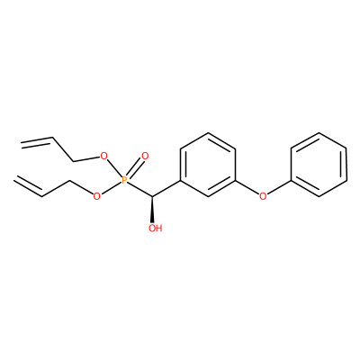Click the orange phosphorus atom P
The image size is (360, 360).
124,180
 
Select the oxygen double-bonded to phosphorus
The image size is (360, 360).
145,156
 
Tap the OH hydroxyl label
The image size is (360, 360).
156,229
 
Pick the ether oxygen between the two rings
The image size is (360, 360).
263,196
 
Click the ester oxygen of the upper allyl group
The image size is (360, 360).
103,156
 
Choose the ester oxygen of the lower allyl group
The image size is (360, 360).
96,196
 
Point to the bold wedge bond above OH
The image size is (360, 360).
153,210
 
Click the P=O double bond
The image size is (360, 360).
134,168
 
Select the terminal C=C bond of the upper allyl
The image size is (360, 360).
37,141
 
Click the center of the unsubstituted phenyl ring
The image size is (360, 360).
319,165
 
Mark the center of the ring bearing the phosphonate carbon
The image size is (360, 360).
207,165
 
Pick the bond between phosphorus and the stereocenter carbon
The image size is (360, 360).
139,189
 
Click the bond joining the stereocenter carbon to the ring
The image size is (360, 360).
166,189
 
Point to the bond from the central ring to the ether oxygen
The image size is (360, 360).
247,187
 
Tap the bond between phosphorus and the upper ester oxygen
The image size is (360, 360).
114,168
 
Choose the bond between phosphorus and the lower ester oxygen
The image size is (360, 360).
111,188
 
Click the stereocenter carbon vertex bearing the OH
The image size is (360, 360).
153,196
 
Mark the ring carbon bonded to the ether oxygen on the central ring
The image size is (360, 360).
235,181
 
